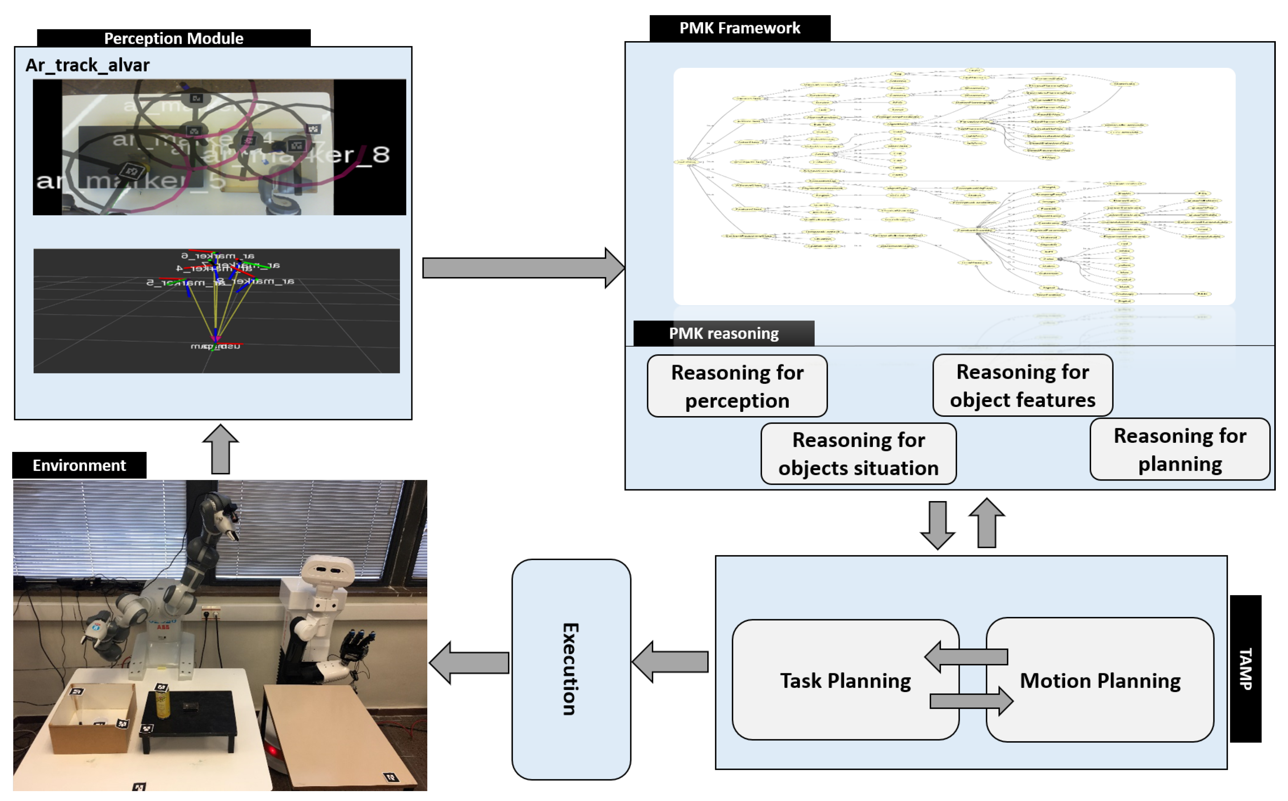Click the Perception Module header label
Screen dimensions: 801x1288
[174, 38]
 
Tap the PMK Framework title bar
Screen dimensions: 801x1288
[739, 28]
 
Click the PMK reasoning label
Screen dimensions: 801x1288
[723, 333]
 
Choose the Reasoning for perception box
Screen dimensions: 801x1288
[737, 386]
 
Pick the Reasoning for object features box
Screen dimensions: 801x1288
[1022, 386]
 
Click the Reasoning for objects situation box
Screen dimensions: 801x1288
[858, 453]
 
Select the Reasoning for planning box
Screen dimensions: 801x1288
[1179, 449]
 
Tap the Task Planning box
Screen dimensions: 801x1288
[845, 680]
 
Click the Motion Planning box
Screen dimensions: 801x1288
[1100, 680]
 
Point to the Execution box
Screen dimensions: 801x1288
[570, 669]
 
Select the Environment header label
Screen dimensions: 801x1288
[80, 465]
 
